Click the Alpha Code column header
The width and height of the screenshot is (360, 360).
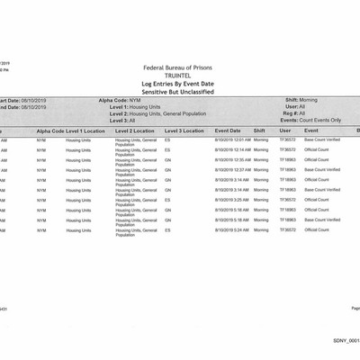49,131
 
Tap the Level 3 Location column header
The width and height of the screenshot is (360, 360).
184,131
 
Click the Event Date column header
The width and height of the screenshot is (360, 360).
228,131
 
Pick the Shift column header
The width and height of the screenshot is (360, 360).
259,131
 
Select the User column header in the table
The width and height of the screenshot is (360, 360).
285,131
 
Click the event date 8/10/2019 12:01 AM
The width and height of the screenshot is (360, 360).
232,140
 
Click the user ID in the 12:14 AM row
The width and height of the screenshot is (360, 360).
288,149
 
